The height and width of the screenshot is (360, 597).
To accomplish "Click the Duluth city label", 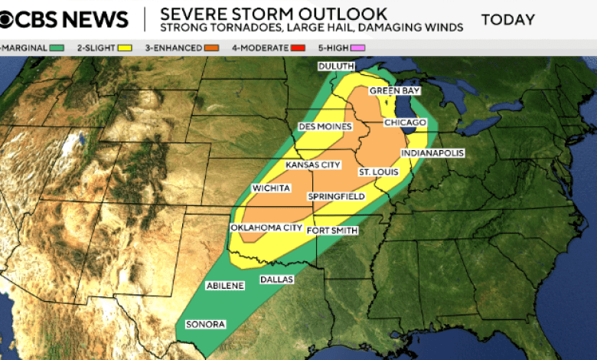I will pyautogui.click(x=336, y=67).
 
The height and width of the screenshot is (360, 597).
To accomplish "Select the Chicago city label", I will pyautogui.click(x=405, y=123).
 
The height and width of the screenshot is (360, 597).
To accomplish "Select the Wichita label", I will pyautogui.click(x=271, y=188).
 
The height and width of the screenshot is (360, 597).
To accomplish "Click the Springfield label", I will pyautogui.click(x=336, y=197).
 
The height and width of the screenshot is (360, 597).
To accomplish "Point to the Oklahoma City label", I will pyautogui.click(x=266, y=228).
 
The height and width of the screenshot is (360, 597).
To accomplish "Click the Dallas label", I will pyautogui.click(x=276, y=280).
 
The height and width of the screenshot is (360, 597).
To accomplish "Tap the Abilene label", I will pyautogui.click(x=225, y=286).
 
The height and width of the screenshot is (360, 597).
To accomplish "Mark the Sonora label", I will pyautogui.click(x=206, y=324).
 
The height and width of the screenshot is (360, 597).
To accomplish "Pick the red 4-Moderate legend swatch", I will pyautogui.click(x=298, y=48).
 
